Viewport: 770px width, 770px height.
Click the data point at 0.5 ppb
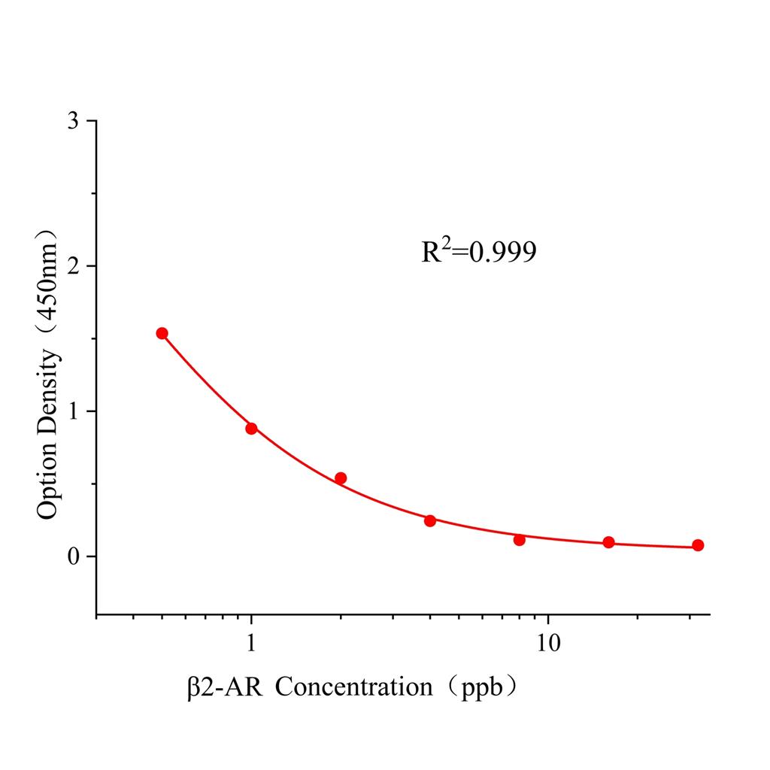[162, 333]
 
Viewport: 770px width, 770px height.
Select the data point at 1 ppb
[251, 429]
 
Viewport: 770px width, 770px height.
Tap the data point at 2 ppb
[341, 478]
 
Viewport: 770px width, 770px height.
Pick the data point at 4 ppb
[430, 520]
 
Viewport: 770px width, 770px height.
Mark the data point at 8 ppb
[520, 539]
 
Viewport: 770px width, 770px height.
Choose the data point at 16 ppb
[609, 542]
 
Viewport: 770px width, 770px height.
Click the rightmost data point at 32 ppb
[698, 545]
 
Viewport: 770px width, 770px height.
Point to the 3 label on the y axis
[73, 121]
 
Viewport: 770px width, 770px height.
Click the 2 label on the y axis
[73, 266]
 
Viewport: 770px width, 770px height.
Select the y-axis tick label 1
[73, 411]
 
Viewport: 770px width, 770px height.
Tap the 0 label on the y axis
[73, 556]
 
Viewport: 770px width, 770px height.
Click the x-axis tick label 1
[251, 645]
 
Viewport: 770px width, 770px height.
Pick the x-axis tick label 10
[548, 645]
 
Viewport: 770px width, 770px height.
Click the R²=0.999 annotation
[479, 252]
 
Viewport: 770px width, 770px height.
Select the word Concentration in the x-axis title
[353, 687]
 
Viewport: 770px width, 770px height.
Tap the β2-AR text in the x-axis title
[225, 687]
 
